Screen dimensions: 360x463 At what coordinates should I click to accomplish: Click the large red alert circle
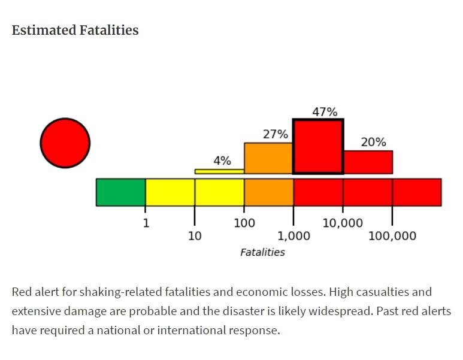tap(65, 143)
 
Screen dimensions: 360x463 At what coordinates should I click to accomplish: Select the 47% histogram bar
tap(317, 147)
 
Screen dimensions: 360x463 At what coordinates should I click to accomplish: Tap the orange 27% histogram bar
tap(268, 158)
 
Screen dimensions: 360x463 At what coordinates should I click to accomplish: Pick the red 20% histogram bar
tap(368, 162)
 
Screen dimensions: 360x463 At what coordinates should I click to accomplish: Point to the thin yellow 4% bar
tap(219, 171)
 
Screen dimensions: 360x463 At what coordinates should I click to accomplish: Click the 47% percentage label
tap(325, 112)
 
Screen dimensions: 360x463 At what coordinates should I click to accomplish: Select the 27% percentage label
tap(276, 134)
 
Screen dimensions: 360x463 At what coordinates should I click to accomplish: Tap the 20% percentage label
tap(373, 142)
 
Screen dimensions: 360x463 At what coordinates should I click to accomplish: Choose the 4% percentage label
tap(222, 161)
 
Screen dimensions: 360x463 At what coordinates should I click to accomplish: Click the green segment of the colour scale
tap(120, 192)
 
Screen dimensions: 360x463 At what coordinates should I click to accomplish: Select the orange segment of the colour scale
tap(268, 192)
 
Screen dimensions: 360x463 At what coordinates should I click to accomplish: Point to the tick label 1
tap(146, 223)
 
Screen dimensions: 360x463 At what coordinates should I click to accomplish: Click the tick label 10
tap(195, 236)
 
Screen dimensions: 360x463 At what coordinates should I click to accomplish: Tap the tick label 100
tap(244, 223)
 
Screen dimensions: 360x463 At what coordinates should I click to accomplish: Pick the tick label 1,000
tap(293, 236)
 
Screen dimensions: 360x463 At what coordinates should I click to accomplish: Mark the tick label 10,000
tap(343, 223)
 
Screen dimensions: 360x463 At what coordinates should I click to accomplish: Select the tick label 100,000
tap(392, 236)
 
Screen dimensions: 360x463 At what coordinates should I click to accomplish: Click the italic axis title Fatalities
tap(262, 252)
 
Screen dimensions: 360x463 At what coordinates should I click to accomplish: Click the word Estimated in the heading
tap(43, 30)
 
